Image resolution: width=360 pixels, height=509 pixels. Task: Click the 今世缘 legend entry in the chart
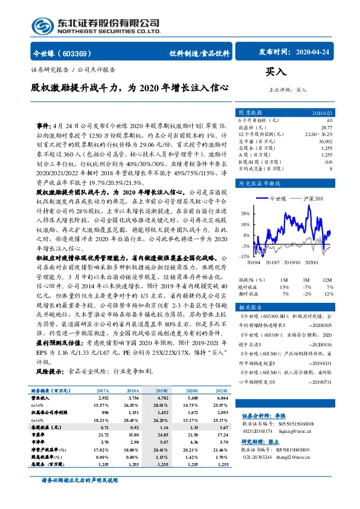(278, 198)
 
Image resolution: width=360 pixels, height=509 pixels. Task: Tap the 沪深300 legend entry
(315, 198)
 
